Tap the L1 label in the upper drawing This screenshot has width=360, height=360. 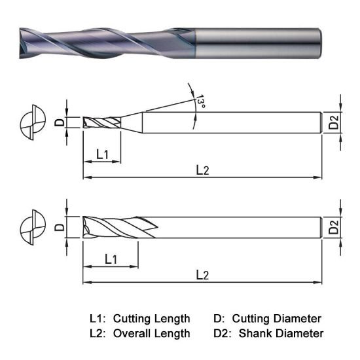[103, 154]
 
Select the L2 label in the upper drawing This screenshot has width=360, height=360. [203, 170]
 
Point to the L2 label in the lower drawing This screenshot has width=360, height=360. [203, 275]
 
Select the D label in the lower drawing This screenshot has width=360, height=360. [58, 228]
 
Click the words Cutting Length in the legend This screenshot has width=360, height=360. [151, 319]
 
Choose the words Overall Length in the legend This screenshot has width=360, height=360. [151, 333]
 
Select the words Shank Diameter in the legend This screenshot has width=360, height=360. [281, 333]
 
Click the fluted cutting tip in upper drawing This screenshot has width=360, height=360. [102, 122]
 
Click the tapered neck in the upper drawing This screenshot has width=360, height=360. [132, 122]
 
